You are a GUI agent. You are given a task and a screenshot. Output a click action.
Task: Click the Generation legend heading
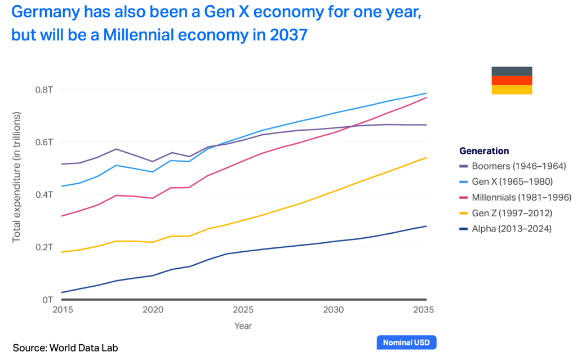(484, 151)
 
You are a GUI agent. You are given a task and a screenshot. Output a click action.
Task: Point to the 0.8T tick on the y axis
(45, 90)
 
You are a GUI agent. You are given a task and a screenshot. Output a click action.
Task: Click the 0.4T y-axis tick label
(45, 195)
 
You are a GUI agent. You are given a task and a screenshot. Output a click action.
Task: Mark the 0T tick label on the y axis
(48, 300)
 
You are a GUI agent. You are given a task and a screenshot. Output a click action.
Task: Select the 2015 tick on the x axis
(62, 310)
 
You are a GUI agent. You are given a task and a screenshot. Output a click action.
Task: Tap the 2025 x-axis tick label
(243, 310)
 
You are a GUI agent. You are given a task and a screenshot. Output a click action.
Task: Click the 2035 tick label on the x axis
(424, 310)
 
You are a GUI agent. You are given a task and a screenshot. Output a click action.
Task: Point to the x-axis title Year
(243, 326)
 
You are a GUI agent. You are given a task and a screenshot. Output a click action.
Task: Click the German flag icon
(512, 81)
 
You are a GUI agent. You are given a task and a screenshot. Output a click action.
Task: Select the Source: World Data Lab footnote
(65, 348)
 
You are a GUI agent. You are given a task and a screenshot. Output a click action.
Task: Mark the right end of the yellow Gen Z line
(426, 158)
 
